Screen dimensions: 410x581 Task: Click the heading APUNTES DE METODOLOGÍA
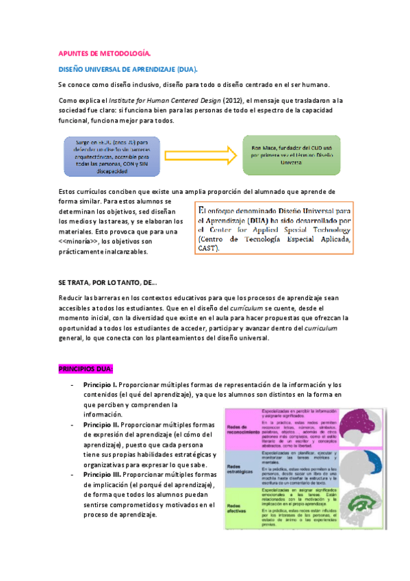pos(104,53)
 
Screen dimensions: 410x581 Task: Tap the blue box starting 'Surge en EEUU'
pos(111,157)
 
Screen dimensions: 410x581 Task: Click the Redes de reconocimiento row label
pos(242,428)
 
